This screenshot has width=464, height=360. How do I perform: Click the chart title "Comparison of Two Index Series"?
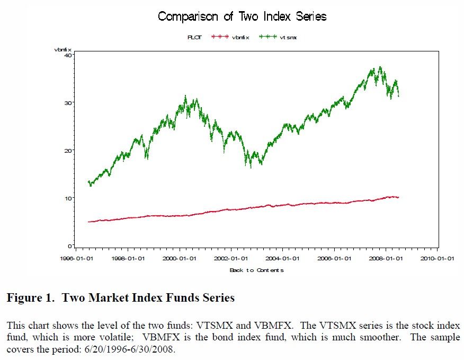click(x=242, y=16)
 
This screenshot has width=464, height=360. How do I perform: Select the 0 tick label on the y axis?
click(x=69, y=245)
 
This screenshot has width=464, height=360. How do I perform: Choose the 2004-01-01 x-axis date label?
click(x=282, y=259)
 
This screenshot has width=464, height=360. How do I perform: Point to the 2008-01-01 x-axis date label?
click(x=386, y=259)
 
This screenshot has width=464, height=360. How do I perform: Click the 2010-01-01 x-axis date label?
click(x=437, y=259)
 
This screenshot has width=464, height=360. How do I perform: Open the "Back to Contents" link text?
click(x=256, y=270)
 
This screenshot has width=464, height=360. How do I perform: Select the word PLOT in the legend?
click(x=194, y=37)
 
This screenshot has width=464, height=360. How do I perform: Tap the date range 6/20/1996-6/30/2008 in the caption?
click(x=130, y=350)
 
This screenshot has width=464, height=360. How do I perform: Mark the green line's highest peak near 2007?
click(x=380, y=67)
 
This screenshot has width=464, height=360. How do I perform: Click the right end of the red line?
click(x=398, y=197)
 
